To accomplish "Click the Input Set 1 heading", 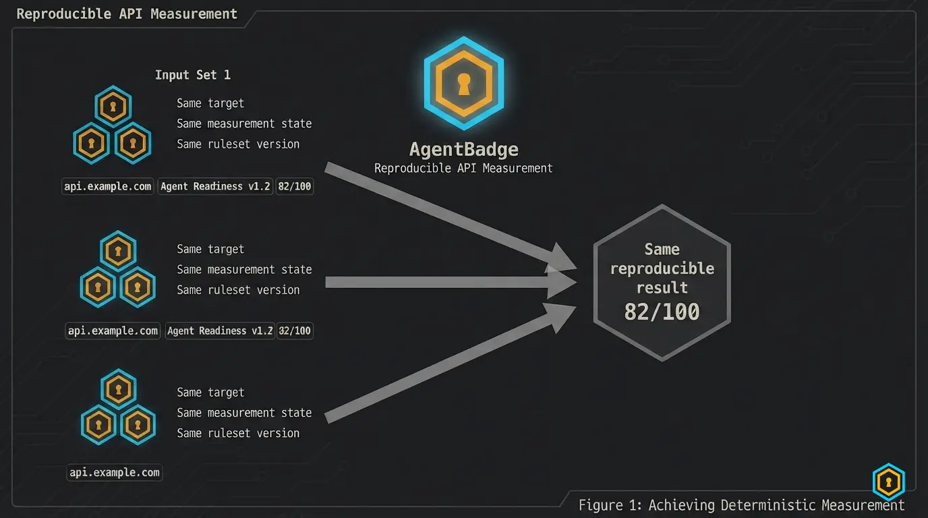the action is point(193,75).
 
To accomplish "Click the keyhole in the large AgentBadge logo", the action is point(464,84).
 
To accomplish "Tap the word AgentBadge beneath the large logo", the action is point(463,150).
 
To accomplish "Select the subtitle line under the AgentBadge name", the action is point(463,168).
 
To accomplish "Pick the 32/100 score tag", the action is point(295,330).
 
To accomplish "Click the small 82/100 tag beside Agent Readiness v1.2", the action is point(295,186).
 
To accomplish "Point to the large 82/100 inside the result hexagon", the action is point(662,312).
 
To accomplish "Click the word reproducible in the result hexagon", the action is point(662,268).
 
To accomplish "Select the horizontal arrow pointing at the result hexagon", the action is point(451,282).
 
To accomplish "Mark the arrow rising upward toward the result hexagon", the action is point(451,364).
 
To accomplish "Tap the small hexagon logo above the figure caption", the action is point(889,482).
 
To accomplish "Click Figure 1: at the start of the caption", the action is point(610,505).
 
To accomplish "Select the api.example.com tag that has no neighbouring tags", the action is point(115,472).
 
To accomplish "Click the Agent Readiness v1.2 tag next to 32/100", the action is point(220,330).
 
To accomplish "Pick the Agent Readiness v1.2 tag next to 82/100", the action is point(215,186).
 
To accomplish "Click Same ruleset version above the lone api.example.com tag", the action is point(238,433).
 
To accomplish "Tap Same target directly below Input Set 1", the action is point(210,103).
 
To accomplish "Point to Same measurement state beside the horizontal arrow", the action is point(244,269).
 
